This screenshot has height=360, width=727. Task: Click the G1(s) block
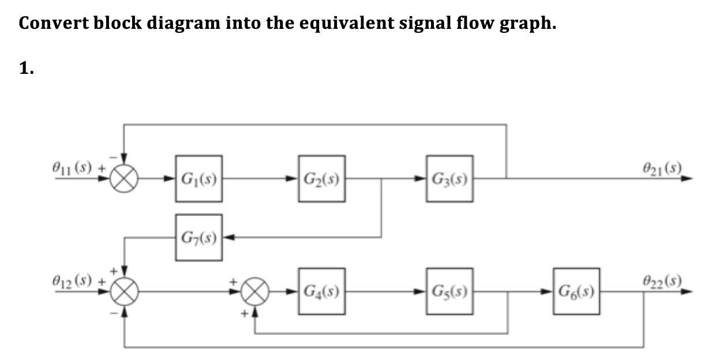[x=198, y=178]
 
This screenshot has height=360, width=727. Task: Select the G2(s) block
[x=322, y=178]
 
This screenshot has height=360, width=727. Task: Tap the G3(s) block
[x=450, y=178]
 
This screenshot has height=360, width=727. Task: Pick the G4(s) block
[x=322, y=291]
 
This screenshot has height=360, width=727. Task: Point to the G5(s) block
[x=450, y=291]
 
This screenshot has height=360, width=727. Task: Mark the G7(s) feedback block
[x=198, y=237]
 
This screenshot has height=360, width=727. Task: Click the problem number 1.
[x=26, y=69]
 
